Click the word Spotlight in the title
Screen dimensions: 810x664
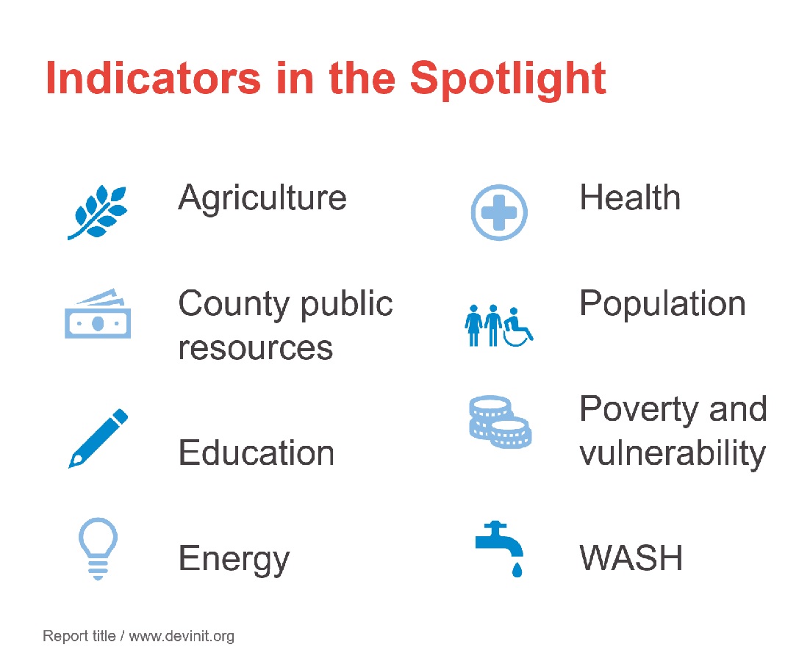[508, 79]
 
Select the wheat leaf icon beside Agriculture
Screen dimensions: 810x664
[98, 212]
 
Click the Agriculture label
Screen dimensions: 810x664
[262, 199]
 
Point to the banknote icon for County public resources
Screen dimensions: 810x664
[98, 314]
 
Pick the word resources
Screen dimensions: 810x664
[256, 348]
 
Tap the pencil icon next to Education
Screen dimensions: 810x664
[98, 439]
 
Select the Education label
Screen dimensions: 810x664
[257, 452]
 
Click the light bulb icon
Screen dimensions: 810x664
[98, 549]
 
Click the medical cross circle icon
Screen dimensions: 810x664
[499, 212]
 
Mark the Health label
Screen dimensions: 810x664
[630, 198]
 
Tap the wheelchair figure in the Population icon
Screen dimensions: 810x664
[518, 328]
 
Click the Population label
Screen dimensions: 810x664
[663, 304]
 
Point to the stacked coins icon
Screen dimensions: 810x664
[500, 422]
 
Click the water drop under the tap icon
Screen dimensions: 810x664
[517, 569]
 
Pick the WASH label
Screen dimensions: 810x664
[631, 558]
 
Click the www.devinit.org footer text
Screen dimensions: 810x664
[182, 636]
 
